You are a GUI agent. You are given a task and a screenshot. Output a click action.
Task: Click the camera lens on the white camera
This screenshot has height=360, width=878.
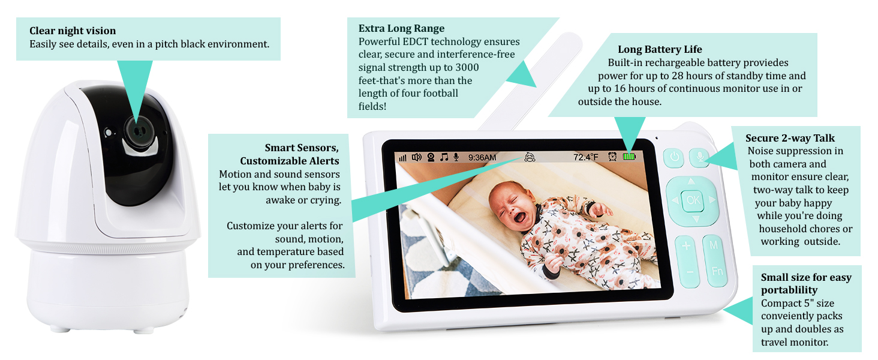[x=139, y=132]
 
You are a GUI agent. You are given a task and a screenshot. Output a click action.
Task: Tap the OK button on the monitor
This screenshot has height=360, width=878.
[x=693, y=200]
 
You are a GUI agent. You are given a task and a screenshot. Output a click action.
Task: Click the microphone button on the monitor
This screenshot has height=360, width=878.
[x=700, y=157]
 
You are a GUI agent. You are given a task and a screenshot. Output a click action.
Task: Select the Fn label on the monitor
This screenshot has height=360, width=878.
[x=717, y=271]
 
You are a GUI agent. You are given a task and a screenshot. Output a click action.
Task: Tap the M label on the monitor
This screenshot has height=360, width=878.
[x=714, y=245]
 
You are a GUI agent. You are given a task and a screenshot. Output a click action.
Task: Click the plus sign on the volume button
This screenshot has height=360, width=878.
[x=686, y=246]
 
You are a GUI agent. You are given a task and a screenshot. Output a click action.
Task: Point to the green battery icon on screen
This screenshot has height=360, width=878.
[x=629, y=157]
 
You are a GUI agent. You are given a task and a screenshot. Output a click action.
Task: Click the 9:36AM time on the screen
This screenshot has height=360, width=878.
[x=482, y=158]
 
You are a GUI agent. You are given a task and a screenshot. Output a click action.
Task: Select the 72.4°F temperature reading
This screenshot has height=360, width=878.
[x=586, y=157]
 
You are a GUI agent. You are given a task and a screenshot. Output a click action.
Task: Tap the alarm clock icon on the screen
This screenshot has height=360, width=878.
[x=612, y=157]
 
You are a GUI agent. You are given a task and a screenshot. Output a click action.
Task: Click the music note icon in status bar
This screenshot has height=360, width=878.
[x=444, y=157]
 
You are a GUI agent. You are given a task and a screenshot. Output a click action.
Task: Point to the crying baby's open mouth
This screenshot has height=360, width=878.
[x=520, y=217]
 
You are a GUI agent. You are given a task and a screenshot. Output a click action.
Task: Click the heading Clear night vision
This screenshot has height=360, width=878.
[x=73, y=31]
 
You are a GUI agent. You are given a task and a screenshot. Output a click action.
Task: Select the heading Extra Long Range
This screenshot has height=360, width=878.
[x=401, y=28]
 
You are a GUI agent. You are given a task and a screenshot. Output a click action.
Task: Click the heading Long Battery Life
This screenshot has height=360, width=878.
[x=660, y=49]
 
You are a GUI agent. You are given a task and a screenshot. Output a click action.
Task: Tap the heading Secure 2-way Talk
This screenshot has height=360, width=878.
[x=790, y=138]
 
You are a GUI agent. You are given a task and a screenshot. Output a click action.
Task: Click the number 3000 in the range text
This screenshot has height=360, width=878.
[x=467, y=67]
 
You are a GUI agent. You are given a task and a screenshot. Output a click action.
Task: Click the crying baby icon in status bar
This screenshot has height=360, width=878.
[x=530, y=157]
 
